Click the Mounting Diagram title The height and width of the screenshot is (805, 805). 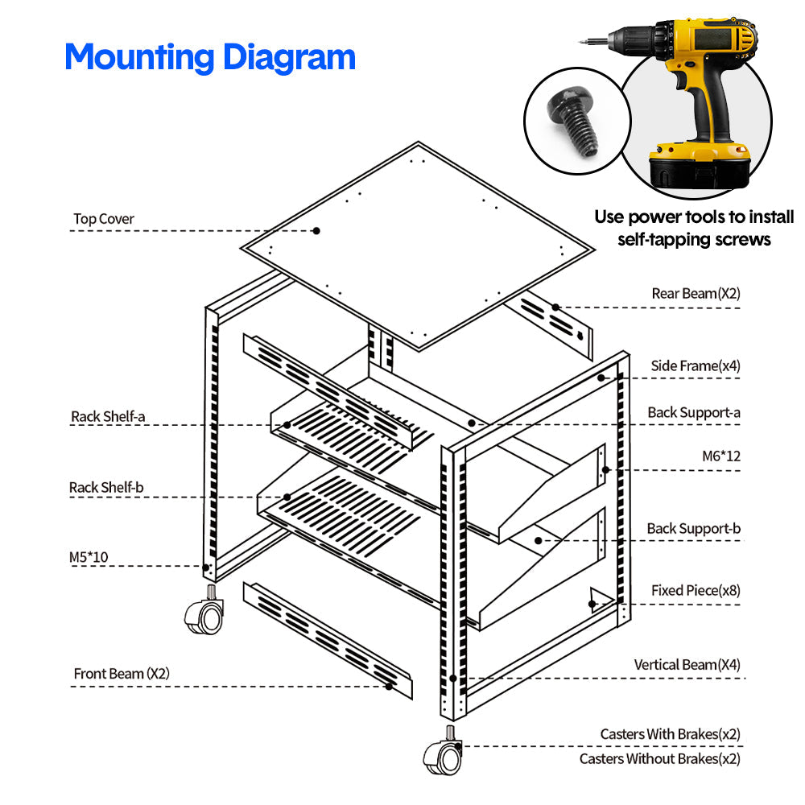pos(209,57)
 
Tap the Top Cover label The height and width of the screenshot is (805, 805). pos(104,219)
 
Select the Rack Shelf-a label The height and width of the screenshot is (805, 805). pos(108,416)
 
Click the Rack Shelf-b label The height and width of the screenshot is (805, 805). pos(106,487)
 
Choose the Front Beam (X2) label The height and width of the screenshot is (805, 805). pos(122,673)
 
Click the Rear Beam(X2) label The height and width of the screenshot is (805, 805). pos(696,294)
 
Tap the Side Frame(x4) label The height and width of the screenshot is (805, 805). pos(696,366)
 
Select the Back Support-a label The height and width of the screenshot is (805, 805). pos(694,412)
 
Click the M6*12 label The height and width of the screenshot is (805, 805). pos(720,456)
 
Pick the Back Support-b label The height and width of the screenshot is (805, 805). pos(694,529)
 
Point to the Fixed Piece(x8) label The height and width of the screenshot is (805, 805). pos(696,590)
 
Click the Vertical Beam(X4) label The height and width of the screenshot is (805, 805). pos(687,665)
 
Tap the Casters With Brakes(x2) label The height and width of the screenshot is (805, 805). pos(670,734)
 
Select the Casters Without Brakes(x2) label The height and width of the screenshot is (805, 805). pos(659,758)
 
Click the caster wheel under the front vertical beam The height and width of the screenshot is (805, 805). pos(442,755)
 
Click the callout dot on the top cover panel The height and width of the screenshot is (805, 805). pos(316,230)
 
